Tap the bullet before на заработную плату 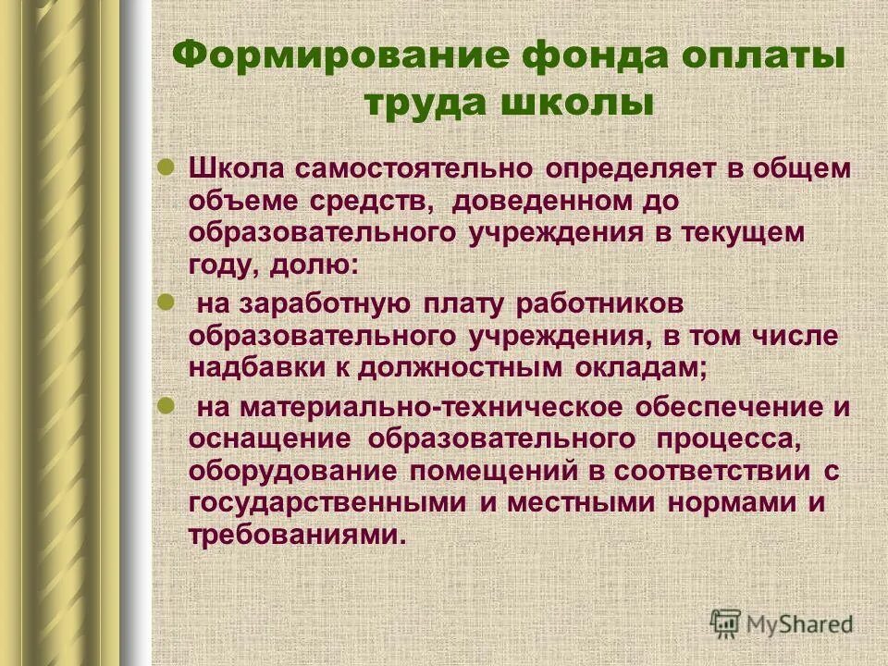pyautogui.click(x=167, y=301)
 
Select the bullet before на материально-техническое pyautogui.click(x=167, y=403)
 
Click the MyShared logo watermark pyautogui.click(x=782, y=623)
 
